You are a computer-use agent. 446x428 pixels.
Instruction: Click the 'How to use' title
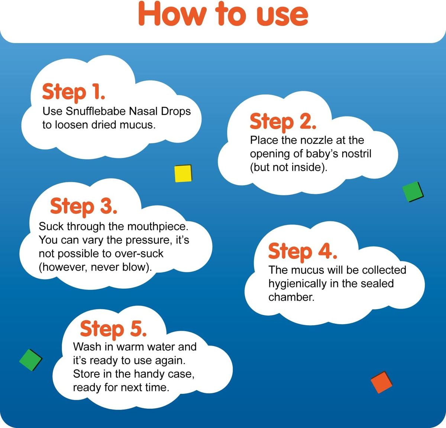223,14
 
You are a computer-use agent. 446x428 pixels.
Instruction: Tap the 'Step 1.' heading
74,92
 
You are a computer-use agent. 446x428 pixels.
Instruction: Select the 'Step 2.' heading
283,122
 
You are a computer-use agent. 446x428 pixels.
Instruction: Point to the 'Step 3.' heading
84,206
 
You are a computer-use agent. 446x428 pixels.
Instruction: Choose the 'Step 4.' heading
303,251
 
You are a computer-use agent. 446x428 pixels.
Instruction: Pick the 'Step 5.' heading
113,329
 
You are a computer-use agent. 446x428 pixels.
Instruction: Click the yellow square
183,173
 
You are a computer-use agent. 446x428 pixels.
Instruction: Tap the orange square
382,382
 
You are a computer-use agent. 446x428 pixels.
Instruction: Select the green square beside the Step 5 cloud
31,360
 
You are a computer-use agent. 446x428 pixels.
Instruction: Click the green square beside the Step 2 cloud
413,192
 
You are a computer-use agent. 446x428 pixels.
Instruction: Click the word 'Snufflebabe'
96,111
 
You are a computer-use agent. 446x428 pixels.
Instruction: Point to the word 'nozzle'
316,140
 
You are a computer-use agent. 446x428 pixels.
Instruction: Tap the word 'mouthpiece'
158,227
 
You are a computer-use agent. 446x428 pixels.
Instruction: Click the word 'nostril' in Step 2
356,154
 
